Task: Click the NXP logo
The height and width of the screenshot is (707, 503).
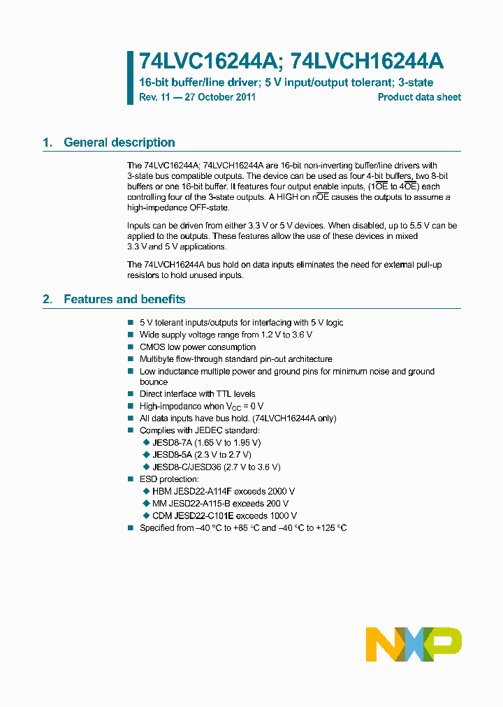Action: (x=414, y=644)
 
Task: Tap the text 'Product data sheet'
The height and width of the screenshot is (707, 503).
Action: (x=419, y=97)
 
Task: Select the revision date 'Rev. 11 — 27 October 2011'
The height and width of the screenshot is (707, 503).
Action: (x=197, y=97)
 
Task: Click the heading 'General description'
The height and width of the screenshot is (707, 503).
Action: (x=119, y=143)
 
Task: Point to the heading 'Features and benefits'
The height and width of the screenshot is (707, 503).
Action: (x=124, y=299)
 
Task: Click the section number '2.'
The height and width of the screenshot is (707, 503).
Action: (x=48, y=299)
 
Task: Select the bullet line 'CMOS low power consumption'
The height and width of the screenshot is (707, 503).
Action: (x=198, y=347)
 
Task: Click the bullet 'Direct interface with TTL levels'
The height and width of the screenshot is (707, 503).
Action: (x=198, y=394)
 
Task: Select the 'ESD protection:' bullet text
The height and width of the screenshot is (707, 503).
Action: (x=169, y=479)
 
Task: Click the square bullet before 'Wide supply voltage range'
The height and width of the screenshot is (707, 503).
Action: (x=130, y=335)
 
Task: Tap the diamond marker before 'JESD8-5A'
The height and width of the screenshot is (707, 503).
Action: (x=146, y=455)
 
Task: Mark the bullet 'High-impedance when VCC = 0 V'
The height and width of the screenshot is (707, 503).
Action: (x=201, y=406)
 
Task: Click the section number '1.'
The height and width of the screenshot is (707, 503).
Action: (x=48, y=143)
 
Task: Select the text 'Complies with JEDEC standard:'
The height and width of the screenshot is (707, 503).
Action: (x=200, y=430)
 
